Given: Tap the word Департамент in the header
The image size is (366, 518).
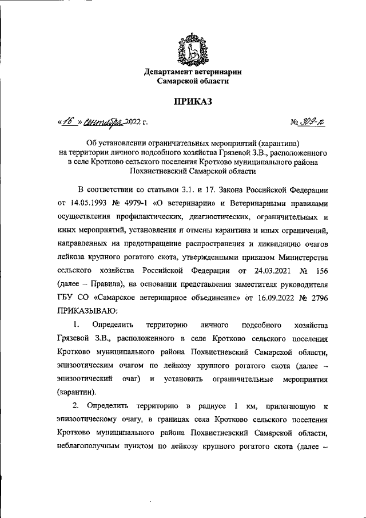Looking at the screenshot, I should (172, 72).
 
